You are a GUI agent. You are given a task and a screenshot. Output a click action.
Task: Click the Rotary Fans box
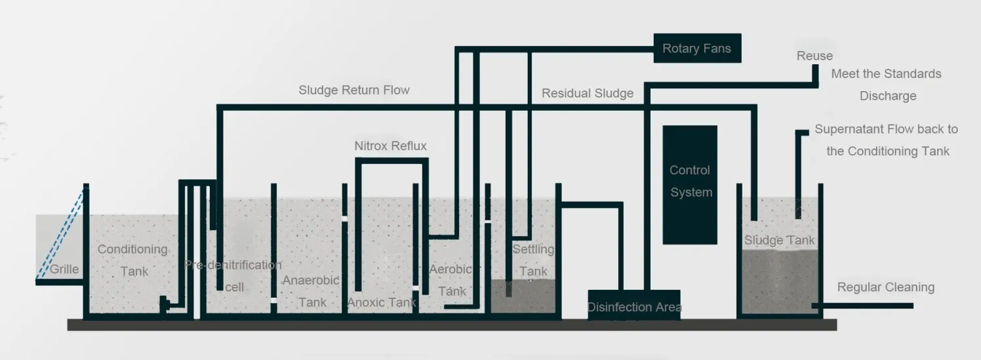point(697,49)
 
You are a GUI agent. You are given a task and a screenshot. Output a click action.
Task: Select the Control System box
point(690,184)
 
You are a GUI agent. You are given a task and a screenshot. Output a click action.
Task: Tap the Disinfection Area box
point(633,306)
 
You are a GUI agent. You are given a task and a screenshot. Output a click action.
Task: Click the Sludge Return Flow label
point(354,90)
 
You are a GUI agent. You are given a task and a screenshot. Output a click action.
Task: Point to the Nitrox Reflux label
point(390,146)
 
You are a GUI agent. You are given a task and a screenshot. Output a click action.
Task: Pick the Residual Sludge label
point(588,93)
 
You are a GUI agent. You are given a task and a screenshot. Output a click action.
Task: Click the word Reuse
point(814,56)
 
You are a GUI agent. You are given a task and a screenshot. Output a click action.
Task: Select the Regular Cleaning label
point(885,287)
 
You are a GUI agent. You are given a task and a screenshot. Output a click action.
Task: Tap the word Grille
point(64,269)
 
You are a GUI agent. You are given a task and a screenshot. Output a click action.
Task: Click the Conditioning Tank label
point(133,260)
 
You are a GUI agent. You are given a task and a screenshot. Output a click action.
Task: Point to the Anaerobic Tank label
point(311,290)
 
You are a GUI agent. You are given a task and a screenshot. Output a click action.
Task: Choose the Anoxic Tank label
point(381,302)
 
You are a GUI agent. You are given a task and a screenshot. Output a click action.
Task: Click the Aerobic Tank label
point(451,280)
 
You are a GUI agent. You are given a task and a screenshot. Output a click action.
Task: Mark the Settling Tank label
point(532,260)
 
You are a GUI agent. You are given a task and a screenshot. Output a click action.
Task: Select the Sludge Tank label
point(779,240)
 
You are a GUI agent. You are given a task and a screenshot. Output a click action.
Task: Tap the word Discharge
point(888,96)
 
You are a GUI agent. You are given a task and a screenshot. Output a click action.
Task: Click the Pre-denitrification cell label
point(233,275)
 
